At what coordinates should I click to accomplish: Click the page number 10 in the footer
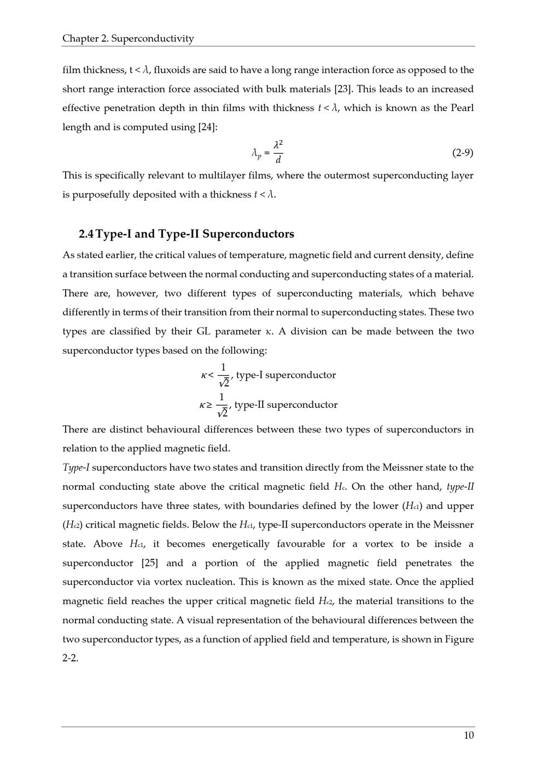(469, 735)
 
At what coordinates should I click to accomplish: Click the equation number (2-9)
(463, 153)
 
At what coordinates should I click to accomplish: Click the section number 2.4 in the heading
(86, 234)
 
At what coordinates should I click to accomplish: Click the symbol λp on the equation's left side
(256, 154)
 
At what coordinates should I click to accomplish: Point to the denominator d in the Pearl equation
(278, 160)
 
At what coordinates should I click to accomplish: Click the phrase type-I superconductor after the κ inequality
(286, 375)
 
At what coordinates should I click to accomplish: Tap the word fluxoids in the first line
(172, 70)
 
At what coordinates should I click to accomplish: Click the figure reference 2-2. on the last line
(70, 658)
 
